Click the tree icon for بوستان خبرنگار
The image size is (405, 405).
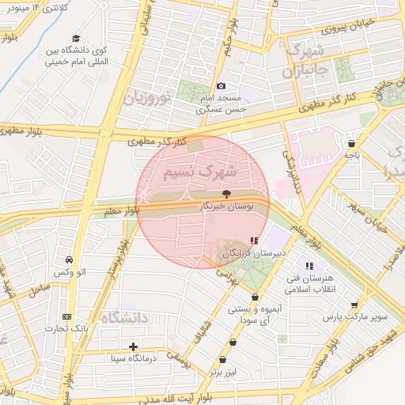tap(227, 193)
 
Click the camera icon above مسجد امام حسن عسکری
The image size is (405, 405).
tap(221, 85)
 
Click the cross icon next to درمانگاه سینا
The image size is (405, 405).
tap(134, 346)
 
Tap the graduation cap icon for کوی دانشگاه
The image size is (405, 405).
tap(76, 39)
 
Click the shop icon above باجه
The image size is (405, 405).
tap(351, 144)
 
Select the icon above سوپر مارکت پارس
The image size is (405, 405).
tap(354, 305)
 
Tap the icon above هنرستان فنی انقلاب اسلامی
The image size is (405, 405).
tap(309, 267)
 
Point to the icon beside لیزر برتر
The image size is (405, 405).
tap(233, 343)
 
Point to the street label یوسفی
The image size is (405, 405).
tap(178, 361)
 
